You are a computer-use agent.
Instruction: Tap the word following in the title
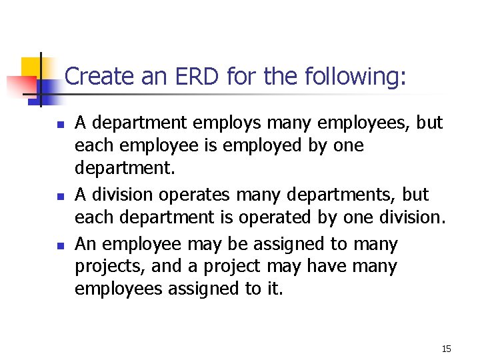click(x=354, y=77)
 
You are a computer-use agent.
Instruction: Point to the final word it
click(x=275, y=289)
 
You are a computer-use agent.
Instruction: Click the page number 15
click(x=446, y=349)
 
